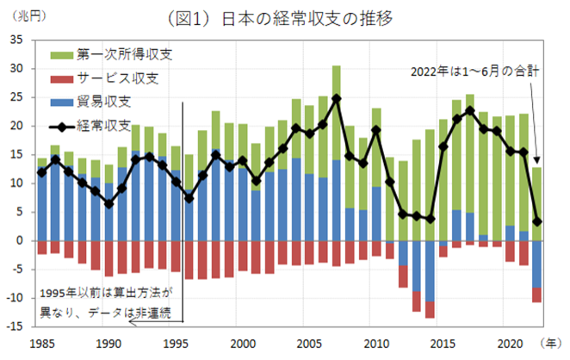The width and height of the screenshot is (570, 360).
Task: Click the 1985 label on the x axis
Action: [40, 342]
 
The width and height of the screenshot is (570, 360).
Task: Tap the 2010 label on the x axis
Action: [376, 342]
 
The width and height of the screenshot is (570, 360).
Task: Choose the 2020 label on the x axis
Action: [511, 342]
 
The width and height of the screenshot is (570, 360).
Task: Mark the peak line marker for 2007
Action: [336, 98]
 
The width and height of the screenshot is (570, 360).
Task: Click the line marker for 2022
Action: [537, 221]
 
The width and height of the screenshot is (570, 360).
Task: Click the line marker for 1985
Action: [41, 172]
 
